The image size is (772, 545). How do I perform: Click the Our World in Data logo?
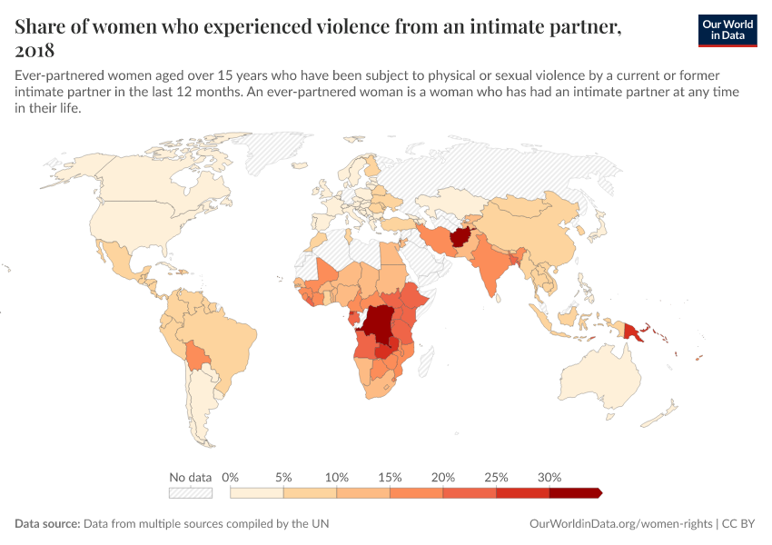pos(727,30)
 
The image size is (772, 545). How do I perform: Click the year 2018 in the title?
pos(35,51)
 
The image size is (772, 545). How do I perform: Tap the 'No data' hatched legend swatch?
pos(191,493)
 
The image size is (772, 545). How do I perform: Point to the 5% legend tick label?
pos(283,477)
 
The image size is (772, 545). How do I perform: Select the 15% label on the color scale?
pos(390,477)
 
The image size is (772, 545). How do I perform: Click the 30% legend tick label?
pos(549,477)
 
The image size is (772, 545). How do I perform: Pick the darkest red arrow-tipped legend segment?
pos(574,493)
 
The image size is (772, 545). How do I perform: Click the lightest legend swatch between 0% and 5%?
pos(257,493)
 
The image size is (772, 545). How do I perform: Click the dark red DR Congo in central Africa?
pos(378,327)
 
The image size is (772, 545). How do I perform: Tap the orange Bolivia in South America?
pos(193,355)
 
